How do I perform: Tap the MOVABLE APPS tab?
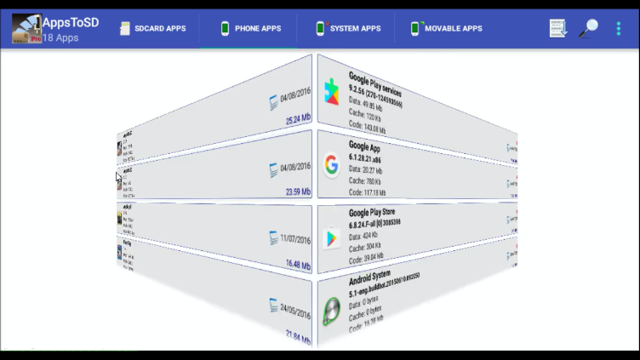(446, 28)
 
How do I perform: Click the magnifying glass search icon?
(588, 28)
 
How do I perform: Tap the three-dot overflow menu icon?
(619, 28)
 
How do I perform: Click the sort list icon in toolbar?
(558, 28)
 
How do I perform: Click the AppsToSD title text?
(71, 22)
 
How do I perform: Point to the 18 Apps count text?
(60, 38)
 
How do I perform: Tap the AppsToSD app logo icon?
(26, 29)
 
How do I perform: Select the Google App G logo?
(331, 165)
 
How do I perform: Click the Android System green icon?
(331, 311)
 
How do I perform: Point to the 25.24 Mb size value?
(298, 120)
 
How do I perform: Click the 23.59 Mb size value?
(298, 192)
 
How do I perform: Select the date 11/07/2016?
(295, 240)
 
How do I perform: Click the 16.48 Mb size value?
(298, 266)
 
